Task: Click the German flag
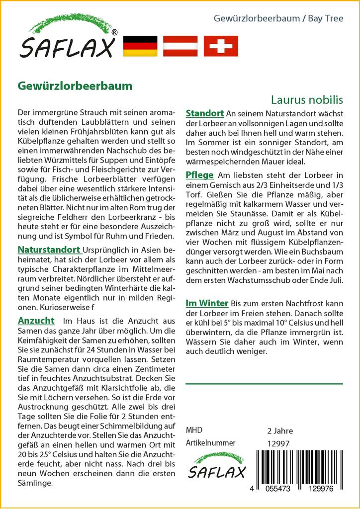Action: pyautogui.click(x=140, y=46)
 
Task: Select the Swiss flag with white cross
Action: pyautogui.click(x=221, y=46)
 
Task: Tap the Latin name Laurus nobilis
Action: pyautogui.click(x=307, y=99)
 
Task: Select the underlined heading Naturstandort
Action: pyautogui.click(x=49, y=250)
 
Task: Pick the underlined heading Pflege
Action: pyautogui.click(x=199, y=175)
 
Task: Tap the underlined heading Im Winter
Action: pyautogui.click(x=206, y=303)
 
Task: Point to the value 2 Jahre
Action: pyautogui.click(x=280, y=430)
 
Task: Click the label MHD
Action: pyautogui.click(x=194, y=430)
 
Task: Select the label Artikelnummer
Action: pyautogui.click(x=210, y=443)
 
